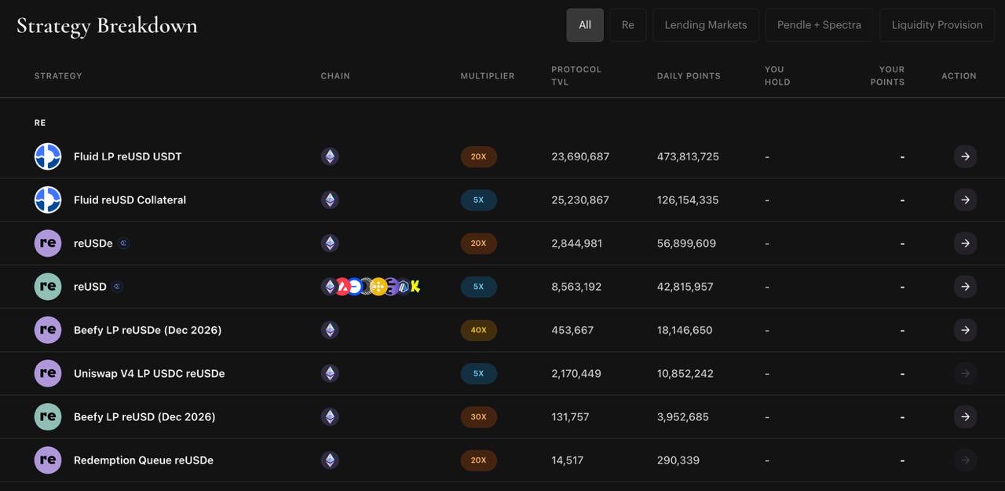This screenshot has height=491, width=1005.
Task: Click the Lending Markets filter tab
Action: tap(706, 25)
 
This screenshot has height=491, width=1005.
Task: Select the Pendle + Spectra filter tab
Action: tap(819, 25)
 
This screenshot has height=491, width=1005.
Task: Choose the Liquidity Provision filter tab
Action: tap(937, 25)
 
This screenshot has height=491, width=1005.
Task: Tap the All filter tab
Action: tap(585, 25)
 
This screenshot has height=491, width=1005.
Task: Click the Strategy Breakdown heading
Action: tap(107, 26)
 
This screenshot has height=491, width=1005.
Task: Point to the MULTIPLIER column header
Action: tap(488, 76)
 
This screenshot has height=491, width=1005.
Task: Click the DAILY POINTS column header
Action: tap(689, 76)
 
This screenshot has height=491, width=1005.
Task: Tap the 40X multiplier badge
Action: tap(478, 330)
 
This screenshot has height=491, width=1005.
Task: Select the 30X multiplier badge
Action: tap(478, 416)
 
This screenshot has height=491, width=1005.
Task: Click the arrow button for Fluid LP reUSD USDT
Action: tap(965, 156)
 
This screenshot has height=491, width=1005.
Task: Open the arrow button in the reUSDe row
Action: tap(965, 244)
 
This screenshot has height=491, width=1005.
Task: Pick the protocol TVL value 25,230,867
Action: tap(580, 200)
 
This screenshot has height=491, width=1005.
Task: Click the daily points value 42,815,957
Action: tap(685, 286)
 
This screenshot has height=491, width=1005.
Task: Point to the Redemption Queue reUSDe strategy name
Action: tap(144, 460)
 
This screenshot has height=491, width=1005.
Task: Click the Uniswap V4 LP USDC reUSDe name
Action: tap(149, 373)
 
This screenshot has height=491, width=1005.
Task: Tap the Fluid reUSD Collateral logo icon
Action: tap(48, 200)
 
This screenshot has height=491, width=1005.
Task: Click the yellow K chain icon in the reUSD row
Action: tap(415, 286)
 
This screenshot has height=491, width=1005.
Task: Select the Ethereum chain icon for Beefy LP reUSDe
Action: tap(330, 330)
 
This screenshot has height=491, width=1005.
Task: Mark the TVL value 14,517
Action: tap(567, 460)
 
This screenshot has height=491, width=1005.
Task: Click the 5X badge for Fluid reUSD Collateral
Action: tap(478, 200)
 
